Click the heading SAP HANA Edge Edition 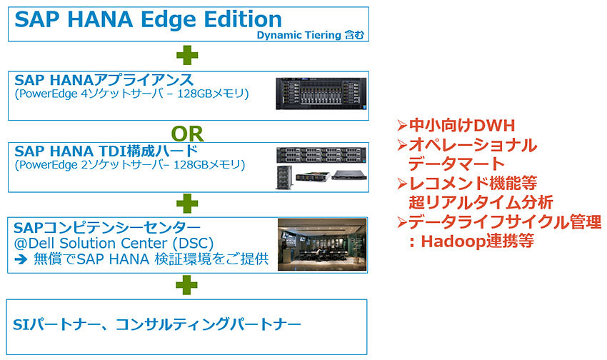pos(148,19)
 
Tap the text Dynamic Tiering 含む pos(312,35)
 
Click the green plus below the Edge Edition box pos(187,56)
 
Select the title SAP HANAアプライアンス pos(114,80)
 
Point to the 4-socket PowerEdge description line pos(131,94)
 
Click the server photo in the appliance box pos(321,95)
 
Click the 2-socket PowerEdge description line pos(129,165)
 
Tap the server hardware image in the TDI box pos(321,168)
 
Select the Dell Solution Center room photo pos(321,245)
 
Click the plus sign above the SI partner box pos(187,284)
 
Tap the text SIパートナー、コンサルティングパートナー pos(158,325)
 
